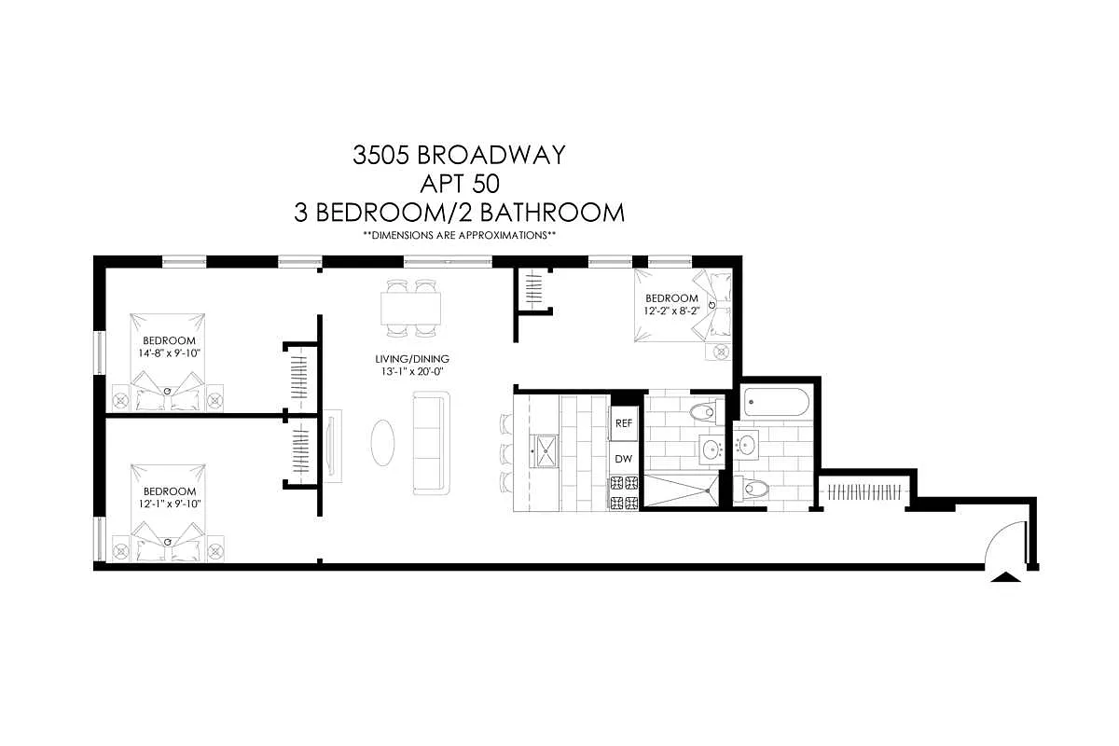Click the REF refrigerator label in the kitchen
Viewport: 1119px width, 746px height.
[624, 423]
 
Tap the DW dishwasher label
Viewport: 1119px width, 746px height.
[624, 459]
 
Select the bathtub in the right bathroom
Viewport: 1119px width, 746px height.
[775, 404]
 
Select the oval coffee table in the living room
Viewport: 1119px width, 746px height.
[382, 442]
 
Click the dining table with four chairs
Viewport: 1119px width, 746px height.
[411, 308]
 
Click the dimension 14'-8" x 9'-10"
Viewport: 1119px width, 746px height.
[169, 352]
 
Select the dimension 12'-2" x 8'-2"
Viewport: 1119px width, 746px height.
[671, 311]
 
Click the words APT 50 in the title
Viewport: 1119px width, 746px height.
[459, 183]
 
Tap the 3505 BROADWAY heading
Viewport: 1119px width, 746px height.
[459, 154]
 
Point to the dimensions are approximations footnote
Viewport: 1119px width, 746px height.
[459, 236]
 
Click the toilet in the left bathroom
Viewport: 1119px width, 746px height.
[701, 412]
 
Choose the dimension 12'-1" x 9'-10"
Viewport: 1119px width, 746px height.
[169, 504]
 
